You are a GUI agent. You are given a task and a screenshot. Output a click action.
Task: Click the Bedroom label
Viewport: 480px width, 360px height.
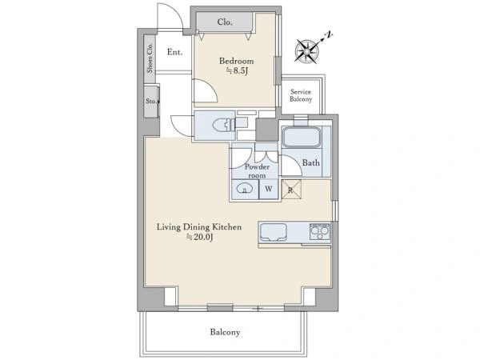(236, 61)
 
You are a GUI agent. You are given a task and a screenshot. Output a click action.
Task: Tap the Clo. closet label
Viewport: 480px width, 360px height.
(225, 22)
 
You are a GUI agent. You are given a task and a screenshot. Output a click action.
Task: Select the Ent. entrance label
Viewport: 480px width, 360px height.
(174, 52)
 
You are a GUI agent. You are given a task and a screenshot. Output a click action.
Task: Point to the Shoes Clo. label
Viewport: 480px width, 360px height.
(150, 58)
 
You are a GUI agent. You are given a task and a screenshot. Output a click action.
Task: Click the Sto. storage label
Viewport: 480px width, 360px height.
(151, 101)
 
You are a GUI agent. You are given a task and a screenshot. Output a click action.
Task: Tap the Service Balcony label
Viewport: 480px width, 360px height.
(301, 95)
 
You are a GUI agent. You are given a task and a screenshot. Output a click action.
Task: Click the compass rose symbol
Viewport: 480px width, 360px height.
(306, 52)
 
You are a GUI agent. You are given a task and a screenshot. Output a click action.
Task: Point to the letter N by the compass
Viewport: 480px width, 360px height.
(329, 34)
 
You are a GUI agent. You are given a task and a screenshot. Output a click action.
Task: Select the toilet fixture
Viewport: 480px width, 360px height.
(224, 126)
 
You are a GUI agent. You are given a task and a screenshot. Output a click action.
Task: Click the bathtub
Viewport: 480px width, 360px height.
(302, 137)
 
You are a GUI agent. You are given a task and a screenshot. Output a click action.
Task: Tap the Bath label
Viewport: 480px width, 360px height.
(310, 162)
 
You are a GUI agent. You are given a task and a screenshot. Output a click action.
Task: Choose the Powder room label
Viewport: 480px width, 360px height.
(257, 171)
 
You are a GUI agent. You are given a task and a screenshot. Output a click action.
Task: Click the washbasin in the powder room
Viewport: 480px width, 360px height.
(245, 189)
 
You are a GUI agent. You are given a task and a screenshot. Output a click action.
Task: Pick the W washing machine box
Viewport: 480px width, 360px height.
(269, 189)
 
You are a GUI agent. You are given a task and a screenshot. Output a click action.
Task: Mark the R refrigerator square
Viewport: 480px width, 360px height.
(291, 190)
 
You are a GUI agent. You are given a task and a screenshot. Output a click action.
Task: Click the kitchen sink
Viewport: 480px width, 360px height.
(274, 233)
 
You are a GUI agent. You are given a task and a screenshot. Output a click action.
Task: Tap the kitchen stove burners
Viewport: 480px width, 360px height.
(320, 232)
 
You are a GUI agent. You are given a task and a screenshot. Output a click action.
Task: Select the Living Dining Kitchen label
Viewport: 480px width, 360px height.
(199, 227)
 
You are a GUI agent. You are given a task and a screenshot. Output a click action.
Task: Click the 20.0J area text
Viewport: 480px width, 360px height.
(199, 237)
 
